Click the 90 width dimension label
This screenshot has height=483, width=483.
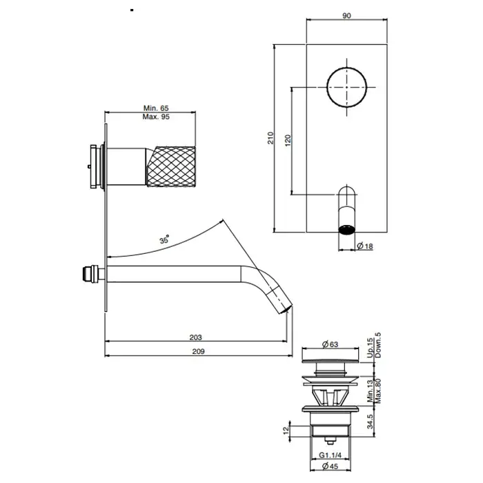pos(346,15)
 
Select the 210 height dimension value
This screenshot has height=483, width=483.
pos(270,138)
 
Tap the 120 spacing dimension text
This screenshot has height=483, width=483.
pos(288,141)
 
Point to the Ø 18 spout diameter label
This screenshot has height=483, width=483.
pos(365,246)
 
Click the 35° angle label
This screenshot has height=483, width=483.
pos(164,239)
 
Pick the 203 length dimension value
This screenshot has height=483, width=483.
pos(195,337)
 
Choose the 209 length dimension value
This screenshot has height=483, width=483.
pos(199,351)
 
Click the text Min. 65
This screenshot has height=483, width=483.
pos(156,108)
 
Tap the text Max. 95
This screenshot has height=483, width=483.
pos(156,117)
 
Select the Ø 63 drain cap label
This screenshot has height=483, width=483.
pos(331,344)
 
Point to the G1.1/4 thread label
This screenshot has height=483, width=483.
pos(331,455)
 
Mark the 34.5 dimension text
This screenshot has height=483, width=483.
pos(370,421)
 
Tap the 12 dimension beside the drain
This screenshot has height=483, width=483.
pos(286,428)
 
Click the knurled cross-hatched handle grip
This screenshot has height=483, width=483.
pos(170,167)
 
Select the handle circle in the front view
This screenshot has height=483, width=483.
pos(347,87)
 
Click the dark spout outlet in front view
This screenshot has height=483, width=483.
pos(347,230)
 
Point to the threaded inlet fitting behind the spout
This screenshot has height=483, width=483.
pos(92,273)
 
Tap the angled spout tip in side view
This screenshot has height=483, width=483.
pos(282,302)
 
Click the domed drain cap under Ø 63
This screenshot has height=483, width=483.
pos(331,360)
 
